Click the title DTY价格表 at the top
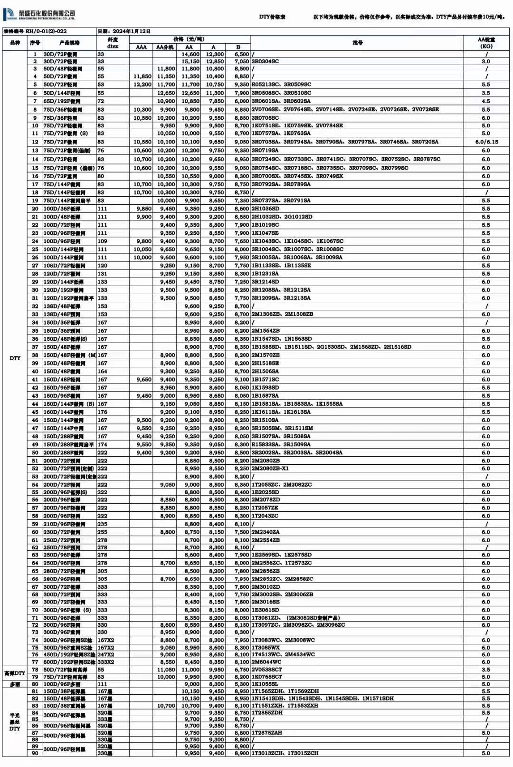(272, 17)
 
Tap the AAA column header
(141, 47)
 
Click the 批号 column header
(357, 43)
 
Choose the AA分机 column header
(165, 47)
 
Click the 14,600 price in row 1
(190, 55)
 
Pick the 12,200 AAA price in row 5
(142, 85)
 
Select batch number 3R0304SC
(265, 62)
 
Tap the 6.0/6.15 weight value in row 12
(486, 142)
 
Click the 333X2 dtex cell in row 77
(105, 662)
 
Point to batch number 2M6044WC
(266, 662)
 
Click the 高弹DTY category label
(15, 673)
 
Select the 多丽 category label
(15, 684)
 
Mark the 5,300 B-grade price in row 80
(241, 684)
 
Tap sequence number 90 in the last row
(35, 753)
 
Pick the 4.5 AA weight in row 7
(486, 101)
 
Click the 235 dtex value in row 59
(102, 524)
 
